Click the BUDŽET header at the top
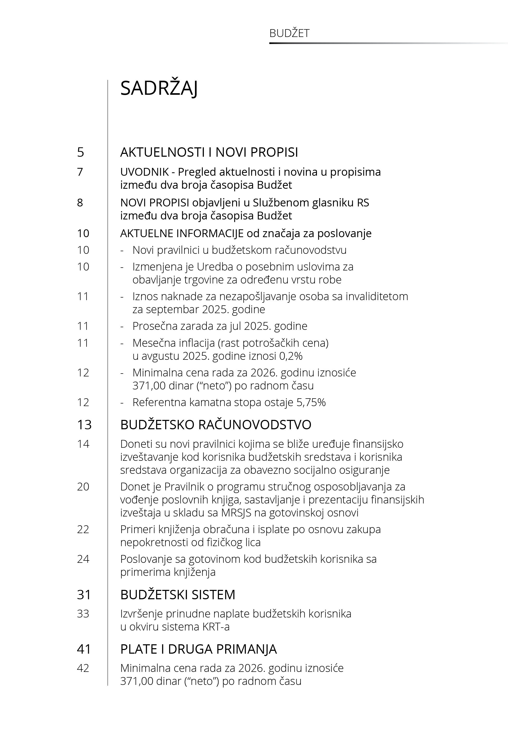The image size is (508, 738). pyautogui.click(x=289, y=33)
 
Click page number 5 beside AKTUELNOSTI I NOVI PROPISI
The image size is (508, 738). pyautogui.click(x=81, y=152)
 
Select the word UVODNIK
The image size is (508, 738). pyautogui.click(x=144, y=172)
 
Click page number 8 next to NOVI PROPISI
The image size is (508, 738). pyautogui.click(x=80, y=203)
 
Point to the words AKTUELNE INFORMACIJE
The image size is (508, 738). pyautogui.click(x=182, y=233)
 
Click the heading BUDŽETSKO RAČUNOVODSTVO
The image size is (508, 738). pyautogui.click(x=216, y=425)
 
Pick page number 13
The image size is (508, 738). pyautogui.click(x=84, y=425)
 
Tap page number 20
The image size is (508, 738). pyautogui.click(x=83, y=487)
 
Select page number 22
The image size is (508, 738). pyautogui.click(x=83, y=529)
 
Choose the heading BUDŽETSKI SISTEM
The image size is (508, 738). pyautogui.click(x=178, y=595)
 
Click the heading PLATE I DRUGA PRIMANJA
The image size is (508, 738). pyautogui.click(x=198, y=649)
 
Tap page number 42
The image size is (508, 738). pyautogui.click(x=83, y=668)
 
